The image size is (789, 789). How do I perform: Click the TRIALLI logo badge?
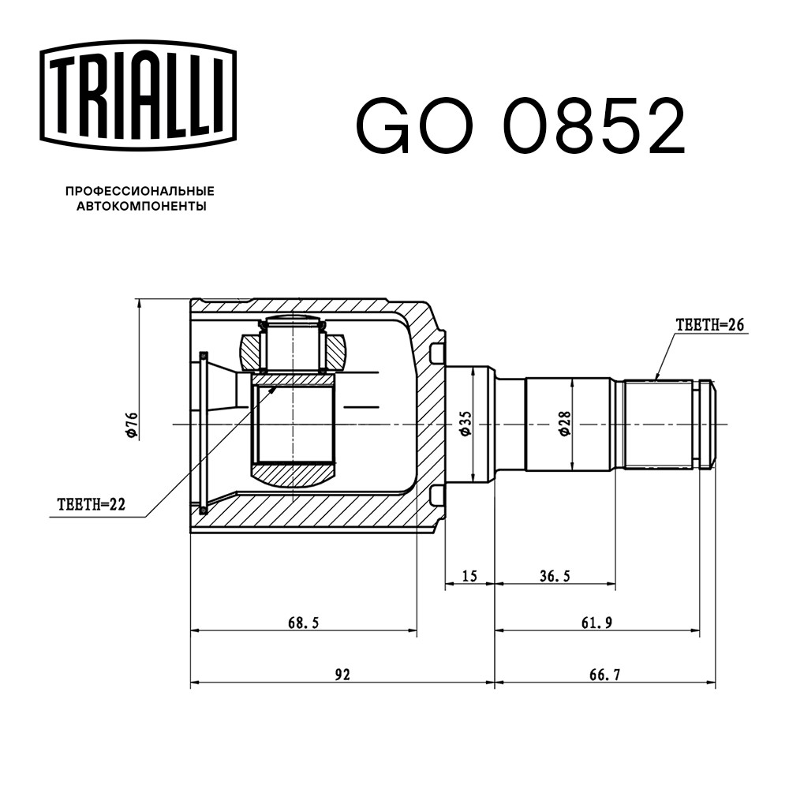click(x=138, y=95)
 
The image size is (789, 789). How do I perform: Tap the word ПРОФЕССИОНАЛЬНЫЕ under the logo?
click(x=140, y=191)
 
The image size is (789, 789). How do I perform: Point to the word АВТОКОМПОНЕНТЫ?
click(x=141, y=206)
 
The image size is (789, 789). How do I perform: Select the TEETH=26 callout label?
click(x=710, y=325)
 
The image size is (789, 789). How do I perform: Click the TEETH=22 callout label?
click(x=91, y=504)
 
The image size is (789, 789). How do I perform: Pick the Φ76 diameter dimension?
click(x=133, y=425)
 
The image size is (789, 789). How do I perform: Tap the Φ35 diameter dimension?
click(x=466, y=424)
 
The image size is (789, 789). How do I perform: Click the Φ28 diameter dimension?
click(x=565, y=424)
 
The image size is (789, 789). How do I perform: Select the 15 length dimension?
click(x=469, y=576)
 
